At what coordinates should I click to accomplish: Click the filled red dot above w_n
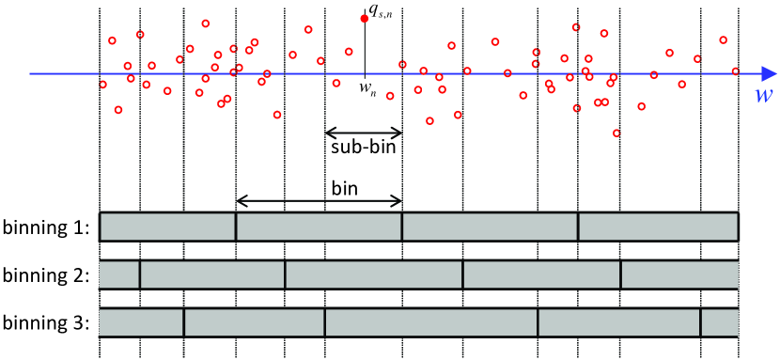pos(365,18)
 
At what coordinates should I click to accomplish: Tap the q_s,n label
pos(383,11)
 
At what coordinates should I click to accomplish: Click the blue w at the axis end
pos(762,97)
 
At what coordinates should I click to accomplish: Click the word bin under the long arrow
pos(345,186)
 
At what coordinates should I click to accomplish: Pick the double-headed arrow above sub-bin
pos(364,132)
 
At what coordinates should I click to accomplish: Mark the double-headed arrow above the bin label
pos(319,199)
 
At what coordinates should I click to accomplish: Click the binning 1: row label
pos(46,227)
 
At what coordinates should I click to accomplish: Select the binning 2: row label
pos(46,274)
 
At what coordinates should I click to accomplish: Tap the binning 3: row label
pos(46,322)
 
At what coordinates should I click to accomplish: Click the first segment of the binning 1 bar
pos(167,227)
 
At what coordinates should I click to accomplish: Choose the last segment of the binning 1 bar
pos(658,227)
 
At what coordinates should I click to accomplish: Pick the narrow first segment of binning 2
pos(119,274)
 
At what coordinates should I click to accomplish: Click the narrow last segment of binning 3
pos(720,322)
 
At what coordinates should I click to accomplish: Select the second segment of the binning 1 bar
pos(319,227)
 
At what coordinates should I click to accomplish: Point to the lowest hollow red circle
pos(616,133)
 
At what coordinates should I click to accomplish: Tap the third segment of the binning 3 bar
pos(431,322)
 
